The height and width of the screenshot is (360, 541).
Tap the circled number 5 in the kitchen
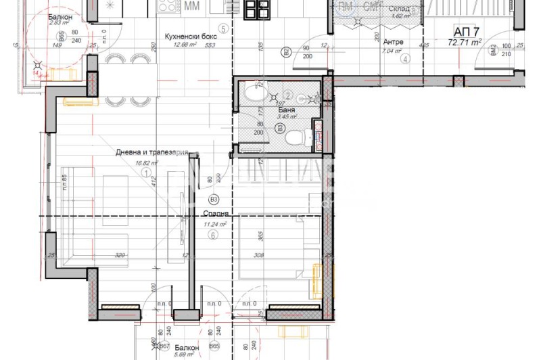pyautogui.click(x=222, y=29)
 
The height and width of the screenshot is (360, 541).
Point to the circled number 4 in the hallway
pyautogui.click(x=405, y=59)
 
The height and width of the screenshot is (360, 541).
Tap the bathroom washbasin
pyautogui.click(x=255, y=93)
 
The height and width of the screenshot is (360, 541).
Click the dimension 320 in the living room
pyautogui.click(x=120, y=255)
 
